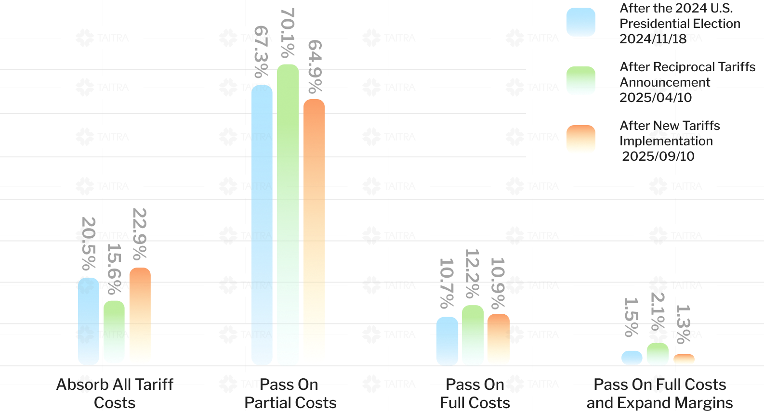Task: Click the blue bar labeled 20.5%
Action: coord(89,321)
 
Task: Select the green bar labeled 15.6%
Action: coord(114,332)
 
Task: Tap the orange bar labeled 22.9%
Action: coord(140,316)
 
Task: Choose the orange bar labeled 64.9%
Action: coord(314,232)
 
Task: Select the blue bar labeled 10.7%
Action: coord(448,341)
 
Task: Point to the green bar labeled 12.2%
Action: coord(473,335)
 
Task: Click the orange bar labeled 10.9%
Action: coord(499,339)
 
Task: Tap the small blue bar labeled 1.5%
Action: coord(632,358)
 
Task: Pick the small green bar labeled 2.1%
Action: coord(658,354)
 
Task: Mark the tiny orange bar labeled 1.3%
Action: coord(684,360)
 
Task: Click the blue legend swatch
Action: coord(581,22)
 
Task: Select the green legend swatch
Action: coord(581,81)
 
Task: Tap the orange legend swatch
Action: coord(581,140)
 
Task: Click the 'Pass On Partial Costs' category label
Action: coord(290,394)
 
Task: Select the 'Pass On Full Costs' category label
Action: coord(475,394)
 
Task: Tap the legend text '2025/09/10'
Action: coord(658,156)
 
